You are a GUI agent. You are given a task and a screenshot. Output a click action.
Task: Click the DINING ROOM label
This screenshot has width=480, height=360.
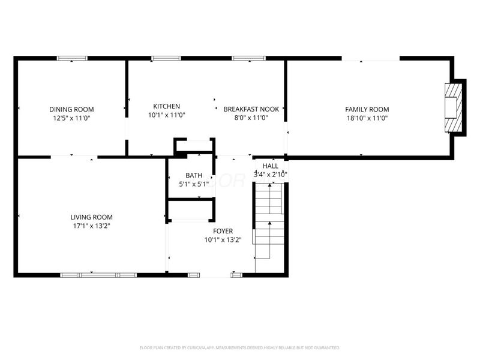point(71,109)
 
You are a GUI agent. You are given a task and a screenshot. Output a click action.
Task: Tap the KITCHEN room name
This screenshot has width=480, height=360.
point(166,106)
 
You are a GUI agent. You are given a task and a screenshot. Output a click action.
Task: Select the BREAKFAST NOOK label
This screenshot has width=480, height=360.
point(251,109)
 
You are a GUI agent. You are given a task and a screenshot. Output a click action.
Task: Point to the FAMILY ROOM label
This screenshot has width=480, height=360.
point(367,109)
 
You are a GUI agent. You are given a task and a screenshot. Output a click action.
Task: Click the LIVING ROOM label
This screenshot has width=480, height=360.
point(91,217)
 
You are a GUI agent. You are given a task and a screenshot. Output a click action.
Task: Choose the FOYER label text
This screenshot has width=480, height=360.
point(223,231)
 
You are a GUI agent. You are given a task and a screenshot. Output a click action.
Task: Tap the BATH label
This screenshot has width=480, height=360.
point(194,175)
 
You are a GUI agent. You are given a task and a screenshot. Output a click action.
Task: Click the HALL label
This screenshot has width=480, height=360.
point(271,166)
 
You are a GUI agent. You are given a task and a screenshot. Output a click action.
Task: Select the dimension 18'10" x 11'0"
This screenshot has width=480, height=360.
point(367,118)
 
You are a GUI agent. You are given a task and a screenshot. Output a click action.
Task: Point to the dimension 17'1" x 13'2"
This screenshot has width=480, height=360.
point(91,226)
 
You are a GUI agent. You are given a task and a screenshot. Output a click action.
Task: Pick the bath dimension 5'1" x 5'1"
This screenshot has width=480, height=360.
point(194,184)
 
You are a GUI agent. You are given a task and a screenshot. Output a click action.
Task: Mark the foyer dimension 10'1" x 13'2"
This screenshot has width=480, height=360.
point(223,240)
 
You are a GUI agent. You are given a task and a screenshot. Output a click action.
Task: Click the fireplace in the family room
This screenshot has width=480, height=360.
point(454,108)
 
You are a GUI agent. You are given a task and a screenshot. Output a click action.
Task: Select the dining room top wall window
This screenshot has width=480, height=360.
point(72,58)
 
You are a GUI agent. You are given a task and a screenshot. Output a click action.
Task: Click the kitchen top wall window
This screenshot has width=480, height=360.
point(166,58)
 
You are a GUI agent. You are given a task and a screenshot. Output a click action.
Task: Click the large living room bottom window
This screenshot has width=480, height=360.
point(98,275)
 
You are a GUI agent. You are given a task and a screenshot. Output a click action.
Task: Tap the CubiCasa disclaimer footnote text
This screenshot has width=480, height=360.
point(240,347)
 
